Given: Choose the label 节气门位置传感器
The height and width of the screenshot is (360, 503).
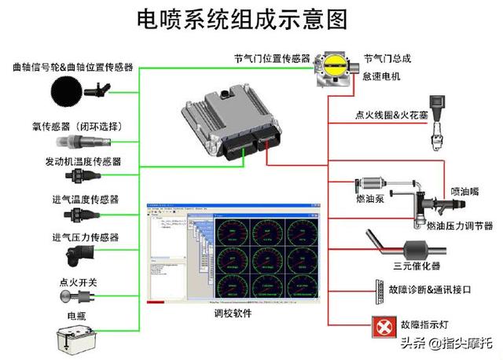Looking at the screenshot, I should (271, 59).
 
